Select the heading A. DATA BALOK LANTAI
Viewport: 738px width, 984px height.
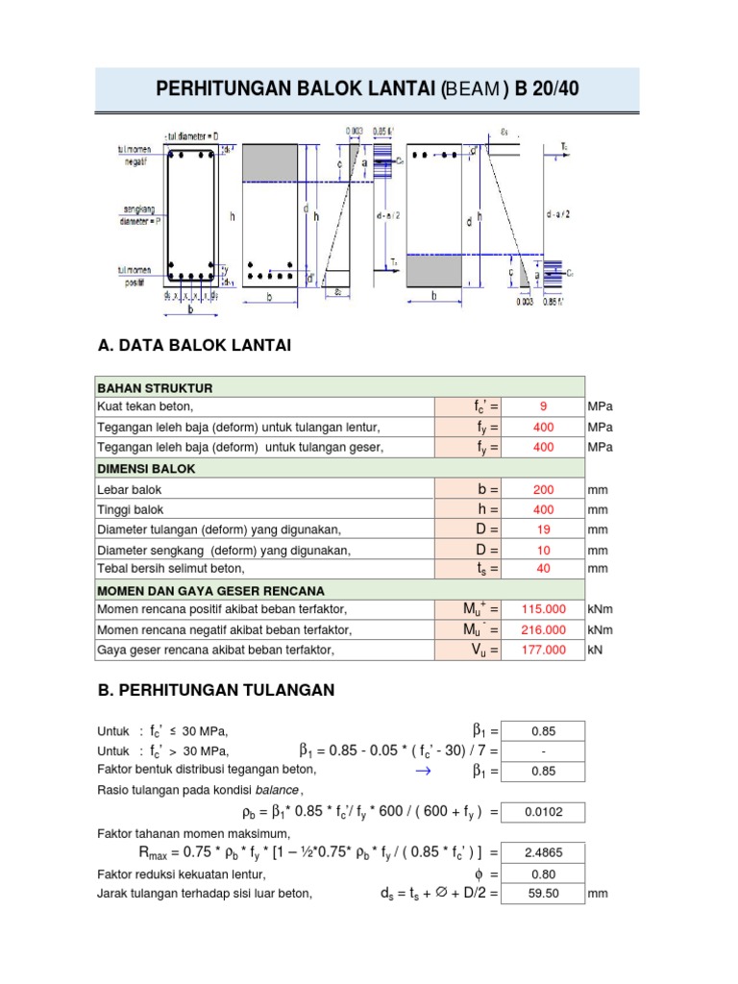(194, 345)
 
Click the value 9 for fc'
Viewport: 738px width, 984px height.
(543, 406)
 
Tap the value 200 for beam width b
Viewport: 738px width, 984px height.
(543, 489)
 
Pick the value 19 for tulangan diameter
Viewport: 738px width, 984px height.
(543, 529)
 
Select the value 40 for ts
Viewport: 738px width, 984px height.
(543, 569)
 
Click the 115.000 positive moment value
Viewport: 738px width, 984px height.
(543, 609)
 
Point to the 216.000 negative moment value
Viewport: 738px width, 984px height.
(543, 630)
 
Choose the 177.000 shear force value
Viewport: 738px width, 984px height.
(543, 651)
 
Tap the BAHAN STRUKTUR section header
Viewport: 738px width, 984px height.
(155, 387)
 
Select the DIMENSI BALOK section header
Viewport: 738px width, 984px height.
(146, 468)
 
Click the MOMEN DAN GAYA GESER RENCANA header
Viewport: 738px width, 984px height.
(210, 590)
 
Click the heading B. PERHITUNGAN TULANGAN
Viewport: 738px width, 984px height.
(216, 690)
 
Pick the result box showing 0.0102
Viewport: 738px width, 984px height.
(543, 812)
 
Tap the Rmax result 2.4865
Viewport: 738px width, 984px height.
(543, 851)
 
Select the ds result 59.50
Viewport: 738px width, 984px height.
(543, 894)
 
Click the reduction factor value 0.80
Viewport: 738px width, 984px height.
(543, 874)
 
